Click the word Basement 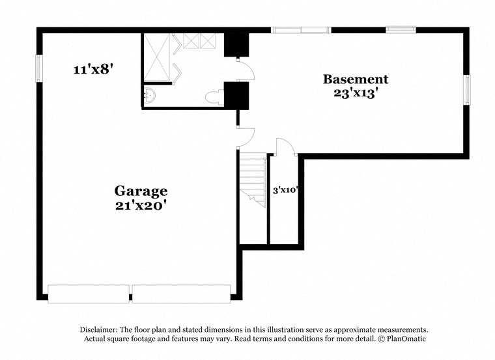tap(356, 79)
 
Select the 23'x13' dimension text tap(356, 93)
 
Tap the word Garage tap(141, 191)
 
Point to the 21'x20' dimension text tap(141, 204)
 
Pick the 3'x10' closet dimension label tap(285, 190)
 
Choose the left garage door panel tap(89, 294)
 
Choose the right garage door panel tap(182, 294)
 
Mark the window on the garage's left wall tap(38, 68)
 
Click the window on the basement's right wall tap(466, 89)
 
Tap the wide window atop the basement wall tap(300, 29)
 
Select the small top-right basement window tap(401, 29)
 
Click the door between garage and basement tap(245, 137)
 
